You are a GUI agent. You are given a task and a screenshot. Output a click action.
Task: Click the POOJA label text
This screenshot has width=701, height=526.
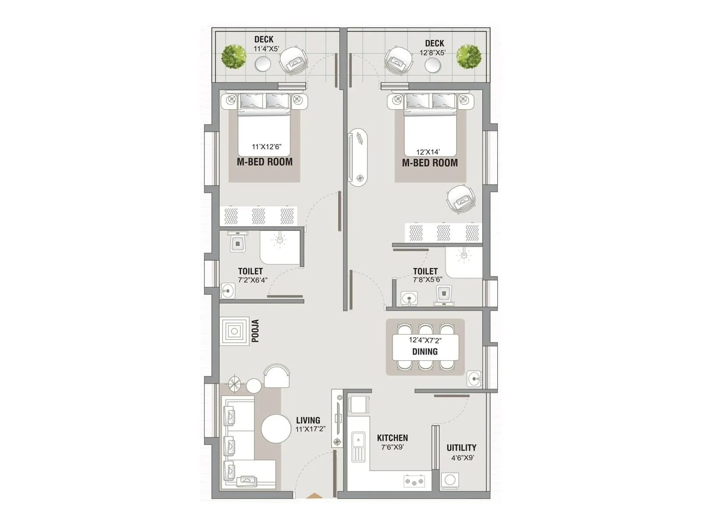[x=255, y=331]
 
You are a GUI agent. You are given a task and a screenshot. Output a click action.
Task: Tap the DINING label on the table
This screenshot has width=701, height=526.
[x=425, y=352]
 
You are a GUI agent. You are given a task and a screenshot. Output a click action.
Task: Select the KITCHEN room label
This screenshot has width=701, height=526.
[x=392, y=438]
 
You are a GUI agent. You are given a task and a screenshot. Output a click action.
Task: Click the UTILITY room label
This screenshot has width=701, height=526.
[x=461, y=448]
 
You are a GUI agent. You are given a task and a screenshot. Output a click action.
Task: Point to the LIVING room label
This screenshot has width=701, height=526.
[x=308, y=420]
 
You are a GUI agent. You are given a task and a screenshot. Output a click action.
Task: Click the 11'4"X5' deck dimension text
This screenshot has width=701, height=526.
[x=266, y=49]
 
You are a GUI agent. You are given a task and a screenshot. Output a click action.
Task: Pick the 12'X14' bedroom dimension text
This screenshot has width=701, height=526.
[x=428, y=152]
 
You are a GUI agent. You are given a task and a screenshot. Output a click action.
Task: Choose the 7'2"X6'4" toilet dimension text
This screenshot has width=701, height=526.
[x=252, y=280]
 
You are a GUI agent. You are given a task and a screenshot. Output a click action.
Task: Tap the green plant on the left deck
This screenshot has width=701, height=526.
[x=233, y=57]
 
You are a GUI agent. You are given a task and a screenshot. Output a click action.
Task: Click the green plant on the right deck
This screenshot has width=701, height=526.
[x=468, y=56]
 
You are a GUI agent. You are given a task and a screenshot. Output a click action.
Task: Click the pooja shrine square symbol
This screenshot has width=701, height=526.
[x=234, y=332]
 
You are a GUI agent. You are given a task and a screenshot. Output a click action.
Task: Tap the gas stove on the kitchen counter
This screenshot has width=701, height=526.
[x=414, y=481]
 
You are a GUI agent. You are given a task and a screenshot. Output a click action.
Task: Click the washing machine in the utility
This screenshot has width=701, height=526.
[x=450, y=480]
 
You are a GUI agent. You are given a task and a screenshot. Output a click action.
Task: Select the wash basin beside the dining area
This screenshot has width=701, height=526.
[x=474, y=379]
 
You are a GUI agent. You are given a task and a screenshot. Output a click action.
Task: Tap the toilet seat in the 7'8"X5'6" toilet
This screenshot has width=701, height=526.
[x=444, y=293]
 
